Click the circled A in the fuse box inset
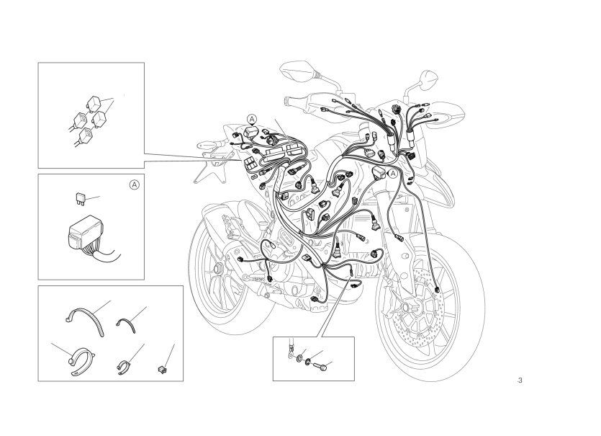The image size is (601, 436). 134,185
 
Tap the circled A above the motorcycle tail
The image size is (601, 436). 252,120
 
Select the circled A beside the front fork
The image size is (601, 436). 394,174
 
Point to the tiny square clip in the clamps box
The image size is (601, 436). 162,370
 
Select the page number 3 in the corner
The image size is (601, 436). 520,381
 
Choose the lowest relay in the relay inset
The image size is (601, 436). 85,135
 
